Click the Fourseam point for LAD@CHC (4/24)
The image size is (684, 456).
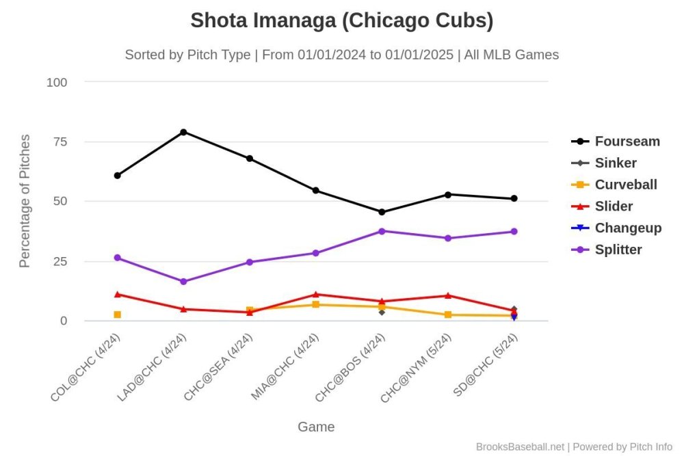(183, 132)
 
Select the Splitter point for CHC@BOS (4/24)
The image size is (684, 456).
(382, 231)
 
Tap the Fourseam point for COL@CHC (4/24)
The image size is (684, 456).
(118, 176)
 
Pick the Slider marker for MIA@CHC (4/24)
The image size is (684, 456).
(315, 295)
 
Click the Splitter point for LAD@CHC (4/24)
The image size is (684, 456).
(183, 282)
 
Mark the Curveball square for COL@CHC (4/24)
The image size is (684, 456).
(118, 314)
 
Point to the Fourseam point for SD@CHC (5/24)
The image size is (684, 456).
(514, 199)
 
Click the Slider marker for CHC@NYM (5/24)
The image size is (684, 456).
(448, 296)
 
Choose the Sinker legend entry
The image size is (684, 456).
(615, 163)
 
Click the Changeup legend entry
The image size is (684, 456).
(628, 228)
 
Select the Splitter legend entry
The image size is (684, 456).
(618, 250)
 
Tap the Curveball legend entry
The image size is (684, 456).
(625, 185)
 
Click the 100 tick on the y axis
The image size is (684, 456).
(57, 83)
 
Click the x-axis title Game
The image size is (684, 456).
(316, 427)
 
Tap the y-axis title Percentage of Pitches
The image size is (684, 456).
(25, 201)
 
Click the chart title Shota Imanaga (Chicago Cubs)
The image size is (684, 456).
(341, 21)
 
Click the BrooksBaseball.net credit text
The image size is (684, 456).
(520, 446)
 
